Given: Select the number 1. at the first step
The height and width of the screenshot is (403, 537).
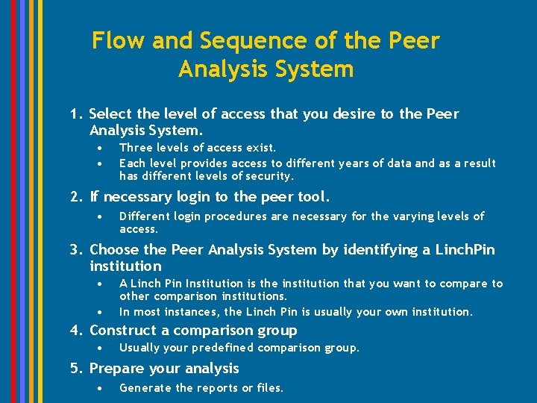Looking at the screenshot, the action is pyautogui.click(x=75, y=114).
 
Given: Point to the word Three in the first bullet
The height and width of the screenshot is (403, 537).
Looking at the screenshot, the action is pyautogui.click(x=136, y=148).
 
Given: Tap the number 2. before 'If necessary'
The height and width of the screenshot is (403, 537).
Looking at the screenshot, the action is pyautogui.click(x=75, y=197).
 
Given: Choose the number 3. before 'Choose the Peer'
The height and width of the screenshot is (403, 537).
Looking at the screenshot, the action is pyautogui.click(x=75, y=250).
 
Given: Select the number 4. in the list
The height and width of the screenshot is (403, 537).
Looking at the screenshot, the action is pyautogui.click(x=75, y=331).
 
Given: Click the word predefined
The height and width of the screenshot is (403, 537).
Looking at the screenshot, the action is pyautogui.click(x=223, y=348).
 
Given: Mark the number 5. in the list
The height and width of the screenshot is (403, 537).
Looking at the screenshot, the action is pyautogui.click(x=75, y=369).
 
